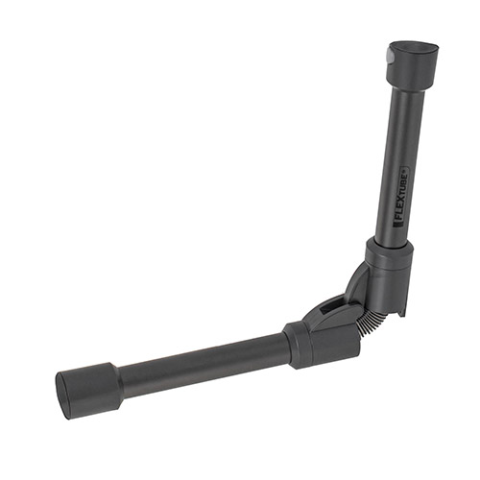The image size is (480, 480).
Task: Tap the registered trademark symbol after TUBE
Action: pyautogui.click(x=403, y=167)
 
